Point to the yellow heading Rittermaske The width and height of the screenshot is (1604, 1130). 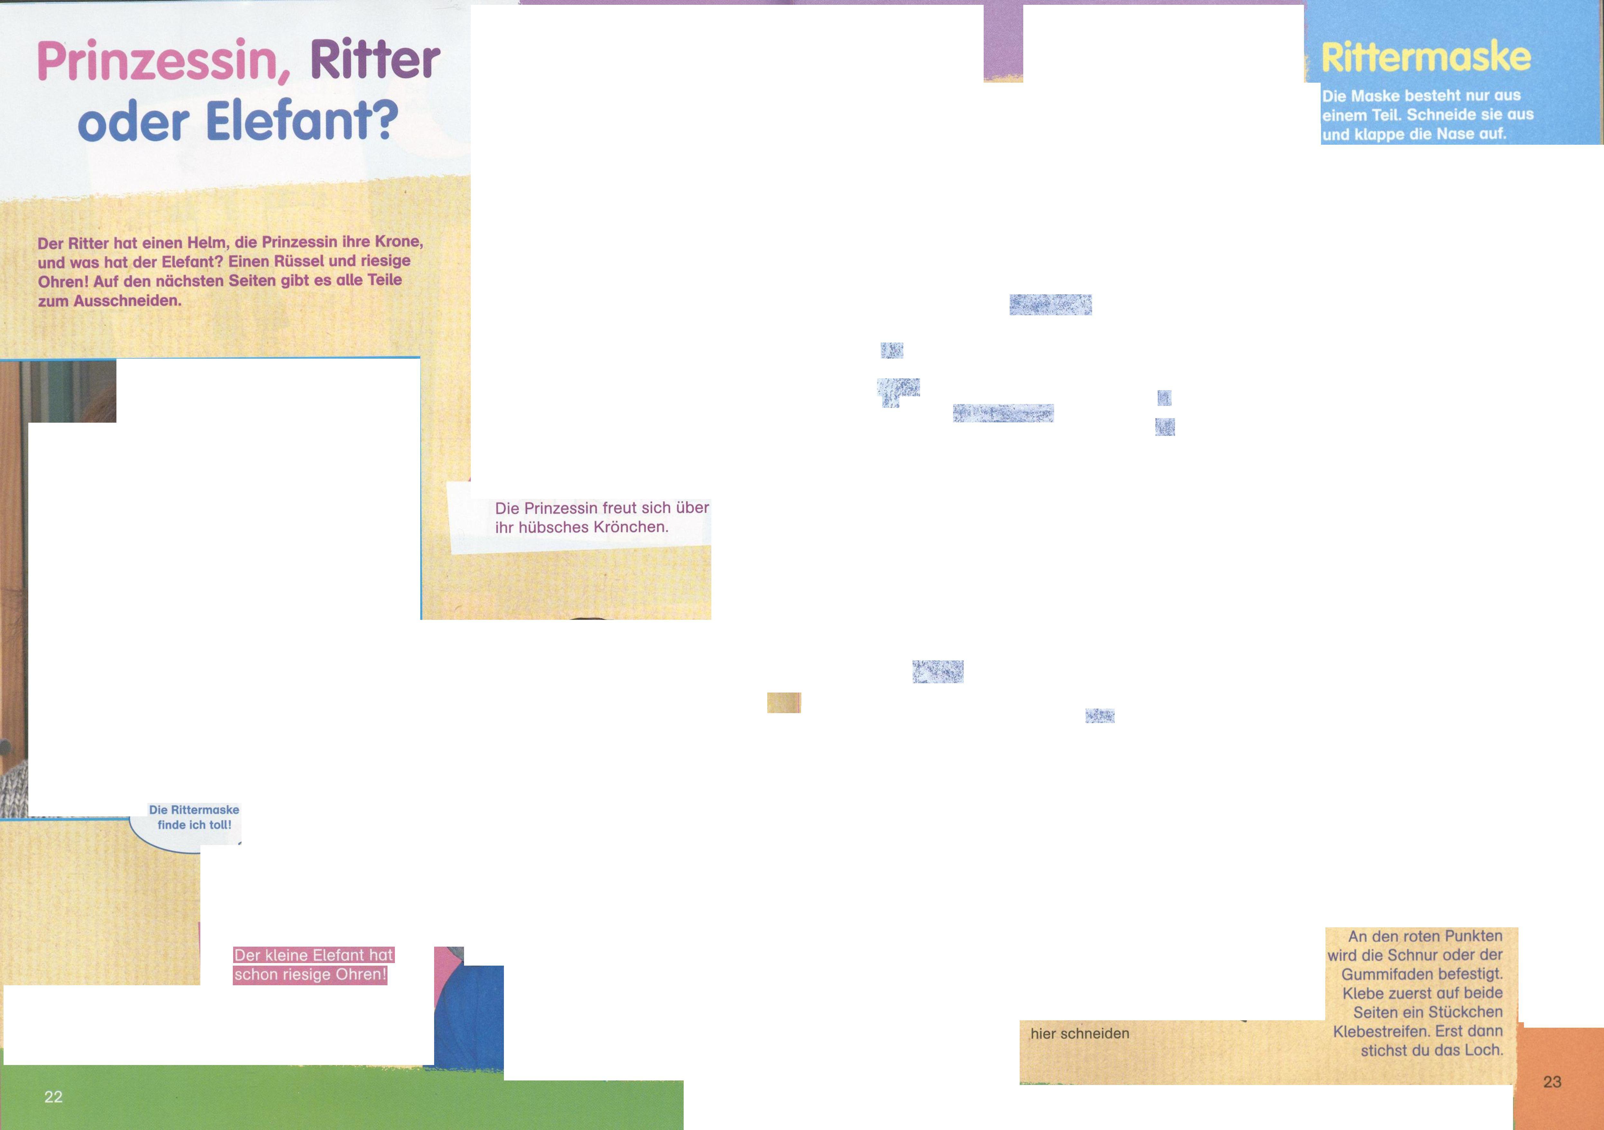1425,57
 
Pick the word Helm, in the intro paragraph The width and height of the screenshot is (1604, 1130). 208,243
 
